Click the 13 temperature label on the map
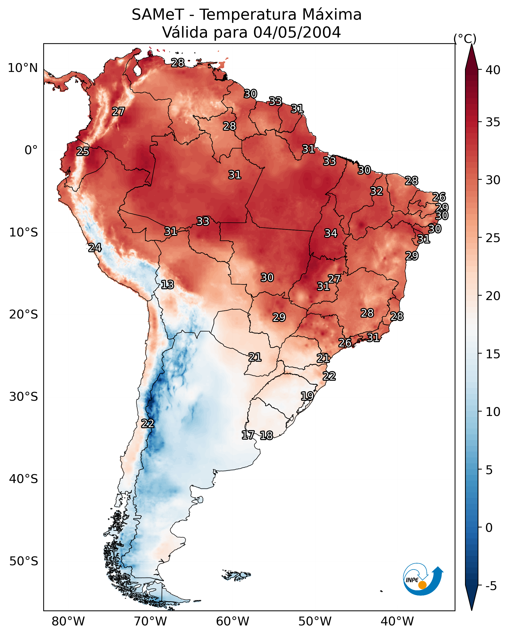pyautogui.click(x=167, y=285)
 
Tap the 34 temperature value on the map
pyautogui.click(x=331, y=233)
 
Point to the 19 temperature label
pyautogui.click(x=307, y=396)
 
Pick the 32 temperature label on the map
pyautogui.click(x=377, y=191)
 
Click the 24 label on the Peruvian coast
pyautogui.click(x=95, y=248)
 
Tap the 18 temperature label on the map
pyautogui.click(x=266, y=435)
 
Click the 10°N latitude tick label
pyautogui.click(x=23, y=68)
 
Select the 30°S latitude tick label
pyautogui.click(x=24, y=397)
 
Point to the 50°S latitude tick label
pyautogui.click(x=24, y=561)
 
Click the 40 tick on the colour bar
pyautogui.click(x=493, y=70)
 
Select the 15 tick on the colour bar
pyautogui.click(x=493, y=354)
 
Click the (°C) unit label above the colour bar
pyautogui.click(x=465, y=39)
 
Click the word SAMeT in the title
pyautogui.click(x=158, y=15)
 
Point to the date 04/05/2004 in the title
pyautogui.click(x=297, y=32)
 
